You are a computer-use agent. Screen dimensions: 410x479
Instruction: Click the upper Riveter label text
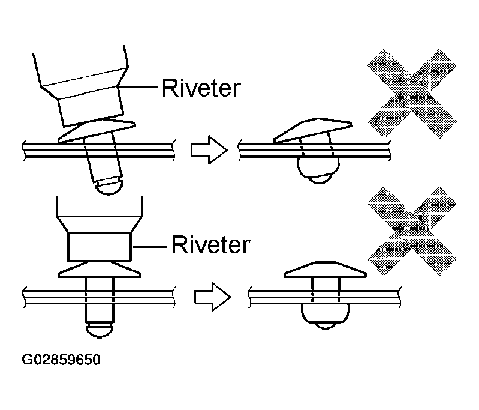pos(201,88)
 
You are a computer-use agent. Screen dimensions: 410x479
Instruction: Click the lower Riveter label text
pos(210,245)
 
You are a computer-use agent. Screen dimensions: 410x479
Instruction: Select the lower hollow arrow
pos(212,295)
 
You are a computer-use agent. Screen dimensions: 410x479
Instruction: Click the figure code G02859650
pos(61,361)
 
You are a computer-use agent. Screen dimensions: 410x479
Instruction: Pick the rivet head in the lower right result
pos(324,270)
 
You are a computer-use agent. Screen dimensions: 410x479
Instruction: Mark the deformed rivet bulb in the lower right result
pos(324,315)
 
